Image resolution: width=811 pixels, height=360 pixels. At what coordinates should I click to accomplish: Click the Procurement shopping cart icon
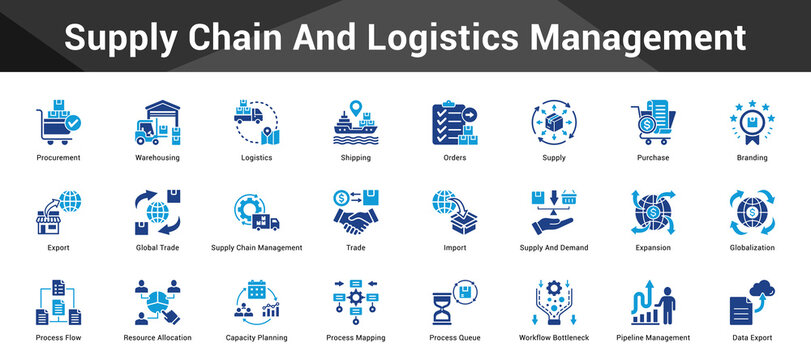57,122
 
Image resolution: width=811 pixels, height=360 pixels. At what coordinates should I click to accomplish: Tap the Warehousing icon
157,122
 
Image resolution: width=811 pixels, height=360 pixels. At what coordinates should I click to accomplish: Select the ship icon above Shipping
355,122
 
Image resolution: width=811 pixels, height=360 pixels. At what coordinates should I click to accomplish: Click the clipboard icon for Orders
454,122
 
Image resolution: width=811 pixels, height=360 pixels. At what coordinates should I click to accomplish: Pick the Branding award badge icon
752,122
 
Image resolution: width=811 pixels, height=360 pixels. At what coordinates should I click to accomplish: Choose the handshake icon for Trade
355,211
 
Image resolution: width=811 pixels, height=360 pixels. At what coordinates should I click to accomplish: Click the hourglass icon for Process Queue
454,302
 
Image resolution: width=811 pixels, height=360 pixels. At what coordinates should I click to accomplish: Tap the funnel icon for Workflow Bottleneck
553,302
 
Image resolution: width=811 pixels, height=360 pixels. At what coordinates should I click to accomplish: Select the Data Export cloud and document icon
752,302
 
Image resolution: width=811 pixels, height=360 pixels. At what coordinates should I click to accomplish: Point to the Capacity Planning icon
256,302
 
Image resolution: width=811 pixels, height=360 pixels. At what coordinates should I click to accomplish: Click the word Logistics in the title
439,38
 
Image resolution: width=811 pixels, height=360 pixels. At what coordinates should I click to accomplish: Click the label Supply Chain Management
256,248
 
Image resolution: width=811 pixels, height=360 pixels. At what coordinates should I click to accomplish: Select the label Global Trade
157,248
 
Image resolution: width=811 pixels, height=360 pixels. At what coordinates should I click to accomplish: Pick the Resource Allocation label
157,338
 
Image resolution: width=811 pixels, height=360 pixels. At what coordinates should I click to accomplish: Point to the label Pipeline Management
653,338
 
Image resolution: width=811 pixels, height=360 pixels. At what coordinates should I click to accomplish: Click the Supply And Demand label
553,248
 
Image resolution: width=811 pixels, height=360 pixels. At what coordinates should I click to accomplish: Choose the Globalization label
752,248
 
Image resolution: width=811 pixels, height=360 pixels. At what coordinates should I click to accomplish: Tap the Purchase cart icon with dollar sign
653,122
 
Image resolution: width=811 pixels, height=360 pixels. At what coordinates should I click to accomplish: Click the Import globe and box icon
454,211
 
